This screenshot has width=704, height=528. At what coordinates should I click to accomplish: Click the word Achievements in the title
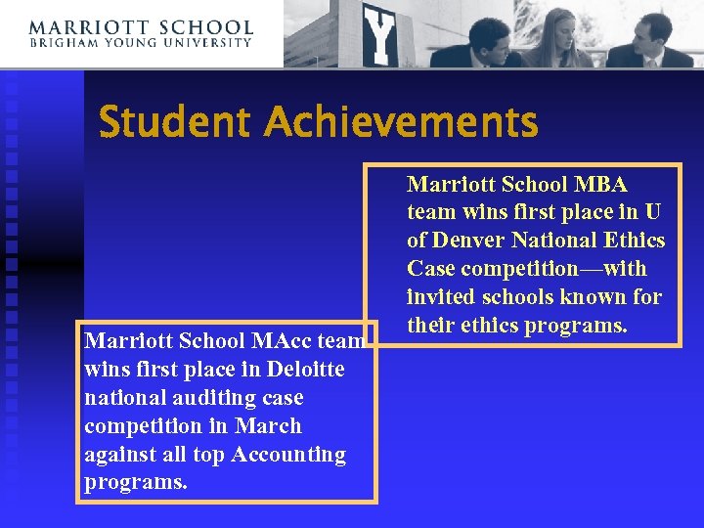pos(400,123)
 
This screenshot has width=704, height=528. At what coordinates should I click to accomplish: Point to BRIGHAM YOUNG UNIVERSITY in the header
pos(141,43)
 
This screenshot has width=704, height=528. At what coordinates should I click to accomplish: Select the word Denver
pos(466,241)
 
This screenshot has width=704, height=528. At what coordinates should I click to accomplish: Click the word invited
pos(439,297)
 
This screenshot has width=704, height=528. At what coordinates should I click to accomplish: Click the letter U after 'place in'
pos(653,213)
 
